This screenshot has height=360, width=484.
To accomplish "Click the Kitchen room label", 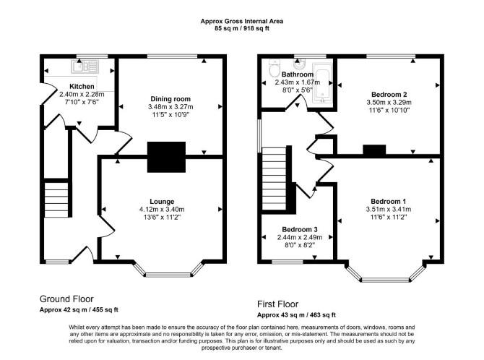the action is (82, 86).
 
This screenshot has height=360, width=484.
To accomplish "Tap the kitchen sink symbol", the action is (85, 66).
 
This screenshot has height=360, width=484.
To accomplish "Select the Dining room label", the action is (170, 99).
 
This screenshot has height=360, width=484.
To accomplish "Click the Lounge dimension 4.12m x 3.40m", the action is (162, 209).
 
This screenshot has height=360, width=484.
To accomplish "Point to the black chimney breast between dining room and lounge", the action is (166, 157).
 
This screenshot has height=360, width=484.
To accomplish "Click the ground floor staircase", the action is (56, 200).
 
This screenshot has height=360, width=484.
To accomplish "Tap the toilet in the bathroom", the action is (274, 68).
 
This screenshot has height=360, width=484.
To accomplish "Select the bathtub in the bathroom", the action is (322, 83).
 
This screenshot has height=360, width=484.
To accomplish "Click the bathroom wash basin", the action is (299, 64).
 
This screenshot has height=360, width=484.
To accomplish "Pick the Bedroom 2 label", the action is (389, 94).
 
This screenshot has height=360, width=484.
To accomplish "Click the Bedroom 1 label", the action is (389, 201).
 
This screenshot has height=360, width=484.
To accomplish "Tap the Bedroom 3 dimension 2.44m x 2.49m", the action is (300, 237).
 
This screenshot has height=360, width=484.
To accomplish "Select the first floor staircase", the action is (274, 179).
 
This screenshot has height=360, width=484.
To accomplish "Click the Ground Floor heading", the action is (66, 299).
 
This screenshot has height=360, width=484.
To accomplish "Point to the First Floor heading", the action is (278, 304).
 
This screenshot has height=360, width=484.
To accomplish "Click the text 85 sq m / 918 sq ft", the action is (242, 29).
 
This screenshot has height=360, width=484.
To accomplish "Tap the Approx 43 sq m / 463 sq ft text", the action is (296, 315).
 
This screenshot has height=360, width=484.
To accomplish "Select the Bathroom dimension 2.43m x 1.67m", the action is (298, 82).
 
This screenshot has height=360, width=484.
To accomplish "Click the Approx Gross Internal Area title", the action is (242, 21).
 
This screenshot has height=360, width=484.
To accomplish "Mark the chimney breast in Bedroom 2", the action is (374, 150).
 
